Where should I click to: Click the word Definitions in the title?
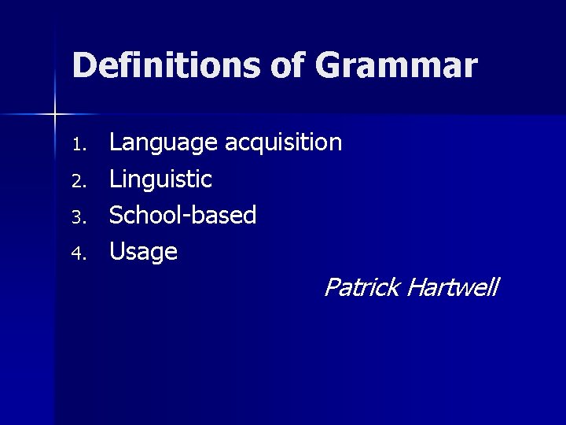click(164, 65)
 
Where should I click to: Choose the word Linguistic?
click(160, 179)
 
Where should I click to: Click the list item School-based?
click(182, 215)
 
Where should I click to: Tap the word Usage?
click(143, 253)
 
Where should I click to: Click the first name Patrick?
click(362, 287)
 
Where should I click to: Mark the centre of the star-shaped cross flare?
click(55, 115)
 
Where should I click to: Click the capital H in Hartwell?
click(416, 287)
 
